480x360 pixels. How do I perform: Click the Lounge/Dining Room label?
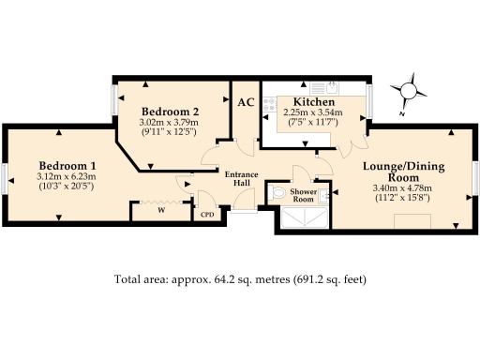403,172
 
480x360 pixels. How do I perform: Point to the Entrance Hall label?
240,178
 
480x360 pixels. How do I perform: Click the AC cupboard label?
246,102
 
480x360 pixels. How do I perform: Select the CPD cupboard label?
208,215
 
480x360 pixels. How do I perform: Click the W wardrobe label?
161,211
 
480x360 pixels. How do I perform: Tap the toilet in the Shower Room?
277,192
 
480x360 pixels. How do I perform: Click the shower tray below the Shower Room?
304,218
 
